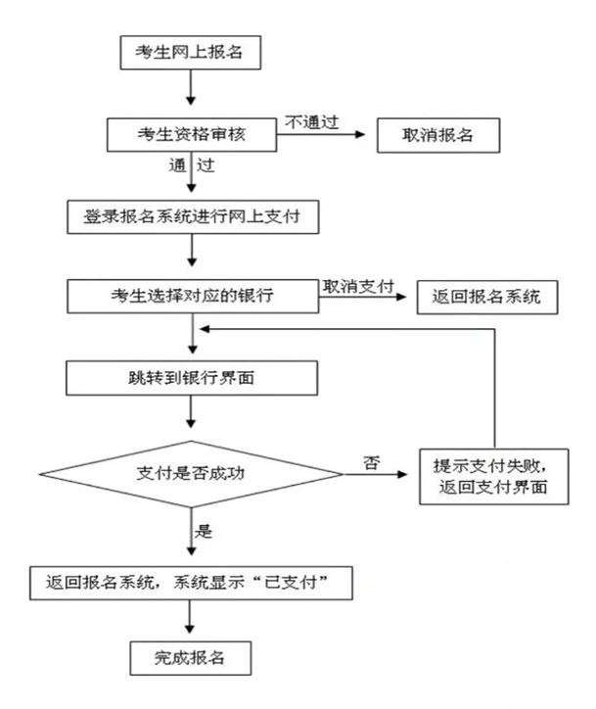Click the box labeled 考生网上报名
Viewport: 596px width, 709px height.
click(x=190, y=53)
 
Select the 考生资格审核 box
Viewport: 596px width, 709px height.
click(x=190, y=135)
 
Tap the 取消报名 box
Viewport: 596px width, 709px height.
click(x=438, y=135)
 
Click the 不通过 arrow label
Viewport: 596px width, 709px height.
click(x=311, y=121)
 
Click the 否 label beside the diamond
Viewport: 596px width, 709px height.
click(x=371, y=460)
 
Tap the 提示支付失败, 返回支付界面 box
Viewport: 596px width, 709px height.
click(x=494, y=476)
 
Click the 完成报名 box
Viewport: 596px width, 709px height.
click(x=190, y=656)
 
